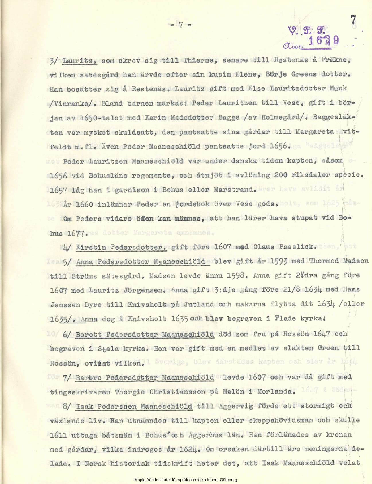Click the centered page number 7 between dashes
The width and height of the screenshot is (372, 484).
tap(181, 25)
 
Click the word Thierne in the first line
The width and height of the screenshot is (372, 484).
tap(199, 61)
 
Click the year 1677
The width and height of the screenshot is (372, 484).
tap(76, 233)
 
